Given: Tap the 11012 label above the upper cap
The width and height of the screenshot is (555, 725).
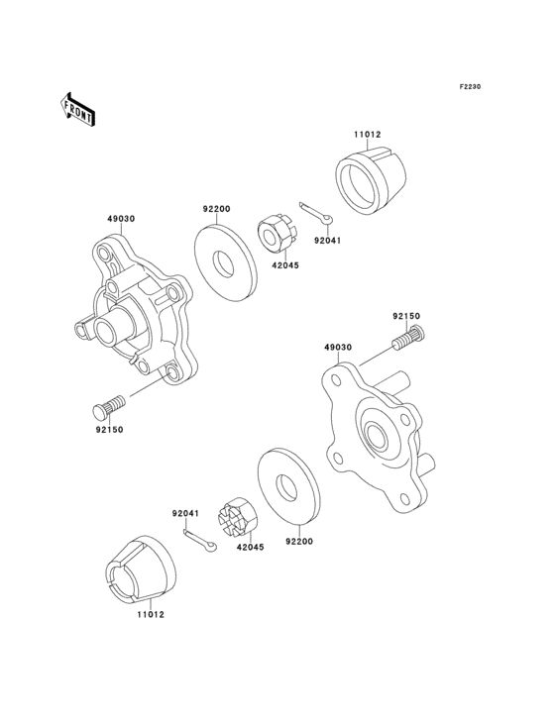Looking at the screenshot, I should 367,136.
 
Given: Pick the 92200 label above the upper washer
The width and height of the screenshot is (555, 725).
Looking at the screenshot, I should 216,209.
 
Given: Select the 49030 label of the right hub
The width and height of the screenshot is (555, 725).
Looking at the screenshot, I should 337,348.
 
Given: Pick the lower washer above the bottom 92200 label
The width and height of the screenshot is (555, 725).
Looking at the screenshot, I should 288,486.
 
